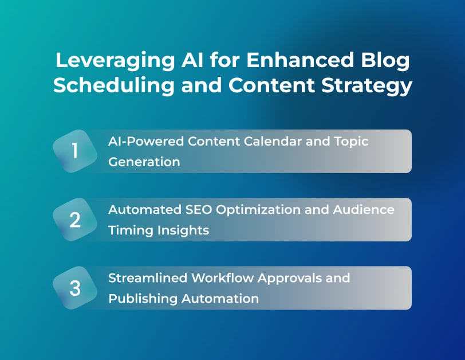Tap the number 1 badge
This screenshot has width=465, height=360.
[75, 151]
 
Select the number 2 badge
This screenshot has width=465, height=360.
[75, 220]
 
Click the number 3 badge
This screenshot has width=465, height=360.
[75, 288]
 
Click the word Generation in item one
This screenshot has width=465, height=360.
[144, 162]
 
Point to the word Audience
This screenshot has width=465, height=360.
[364, 209]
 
